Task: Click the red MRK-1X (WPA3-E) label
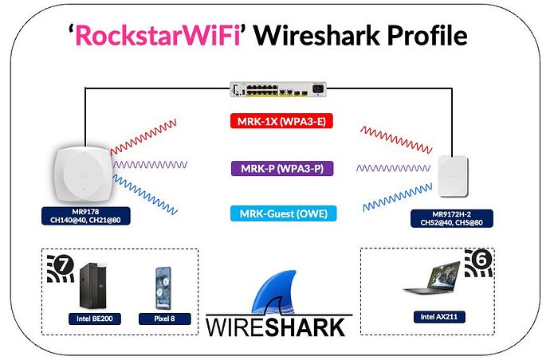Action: coord(274,122)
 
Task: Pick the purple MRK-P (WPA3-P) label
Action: coord(274,168)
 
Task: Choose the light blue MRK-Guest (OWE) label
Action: coord(274,213)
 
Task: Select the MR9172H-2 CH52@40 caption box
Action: coord(458,218)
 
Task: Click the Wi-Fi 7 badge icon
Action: coord(62,268)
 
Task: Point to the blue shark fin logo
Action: coord(277,292)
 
